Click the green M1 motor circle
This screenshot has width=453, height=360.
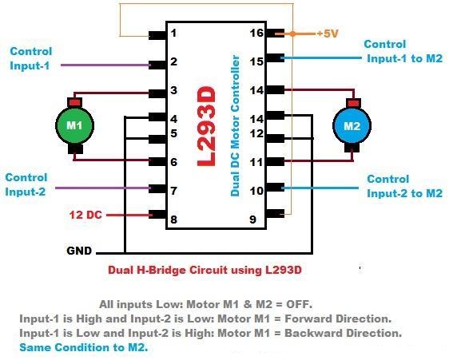[74, 125]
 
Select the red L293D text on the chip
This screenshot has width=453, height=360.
[206, 126]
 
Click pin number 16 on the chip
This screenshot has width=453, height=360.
[256, 34]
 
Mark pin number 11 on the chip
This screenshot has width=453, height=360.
[256, 162]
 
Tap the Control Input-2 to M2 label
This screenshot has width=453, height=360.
[404, 186]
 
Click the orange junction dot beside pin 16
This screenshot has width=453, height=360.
[293, 34]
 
